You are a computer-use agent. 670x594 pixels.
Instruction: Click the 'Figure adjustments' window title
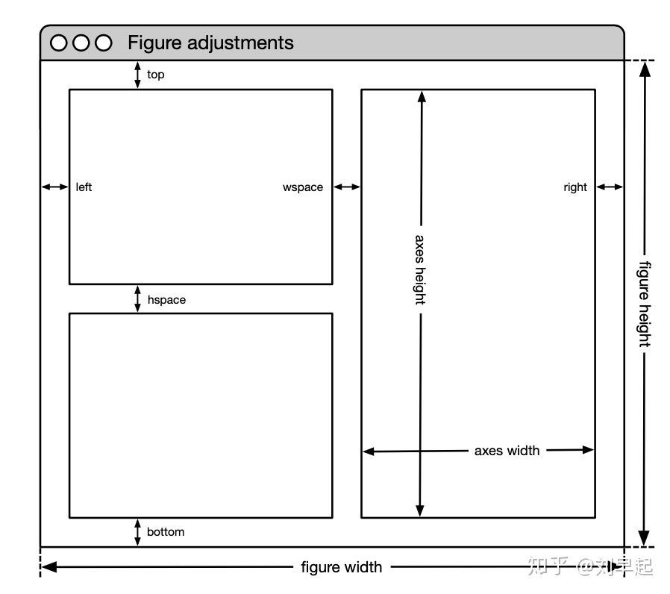(210, 43)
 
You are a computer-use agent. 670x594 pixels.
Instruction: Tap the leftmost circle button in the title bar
(58, 43)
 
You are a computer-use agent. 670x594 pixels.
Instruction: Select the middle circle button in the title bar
(81, 43)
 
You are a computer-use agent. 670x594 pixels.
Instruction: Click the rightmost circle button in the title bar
(104, 43)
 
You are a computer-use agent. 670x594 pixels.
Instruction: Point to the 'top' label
(155, 75)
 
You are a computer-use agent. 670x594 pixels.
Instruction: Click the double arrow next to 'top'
(137, 75)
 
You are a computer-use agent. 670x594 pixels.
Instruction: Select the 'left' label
(84, 187)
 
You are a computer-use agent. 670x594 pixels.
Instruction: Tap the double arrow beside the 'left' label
(54, 187)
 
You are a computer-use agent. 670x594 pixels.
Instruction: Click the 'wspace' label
(303, 187)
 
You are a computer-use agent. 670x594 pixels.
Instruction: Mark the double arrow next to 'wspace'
(347, 187)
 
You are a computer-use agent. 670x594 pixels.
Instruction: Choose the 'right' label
(575, 187)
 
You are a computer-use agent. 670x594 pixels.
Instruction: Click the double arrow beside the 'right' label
(610, 187)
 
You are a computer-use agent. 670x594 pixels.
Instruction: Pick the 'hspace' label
(166, 300)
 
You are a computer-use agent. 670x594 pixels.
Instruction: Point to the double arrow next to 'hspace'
(137, 298)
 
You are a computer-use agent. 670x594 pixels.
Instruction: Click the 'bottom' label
(166, 532)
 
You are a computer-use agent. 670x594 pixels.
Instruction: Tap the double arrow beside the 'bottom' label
(137, 533)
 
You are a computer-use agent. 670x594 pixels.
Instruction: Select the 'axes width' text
(507, 451)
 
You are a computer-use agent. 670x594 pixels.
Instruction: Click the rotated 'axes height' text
(421, 269)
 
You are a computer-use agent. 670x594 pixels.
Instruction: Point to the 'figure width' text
(342, 567)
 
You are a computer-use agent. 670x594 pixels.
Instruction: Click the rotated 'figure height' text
(645, 304)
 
